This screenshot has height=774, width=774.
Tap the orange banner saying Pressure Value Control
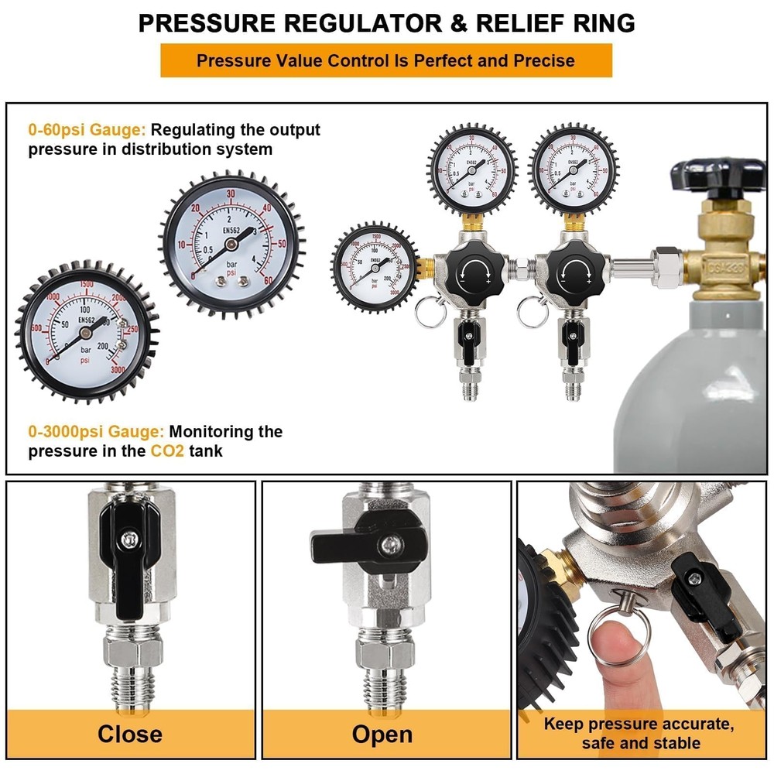click(x=385, y=60)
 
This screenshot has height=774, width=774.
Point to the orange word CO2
click(x=167, y=450)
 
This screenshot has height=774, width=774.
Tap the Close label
click(x=130, y=734)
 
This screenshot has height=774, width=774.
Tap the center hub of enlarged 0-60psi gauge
click(x=231, y=243)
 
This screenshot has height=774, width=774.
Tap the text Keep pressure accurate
click(x=638, y=724)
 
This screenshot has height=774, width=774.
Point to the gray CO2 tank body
click(x=697, y=387)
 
